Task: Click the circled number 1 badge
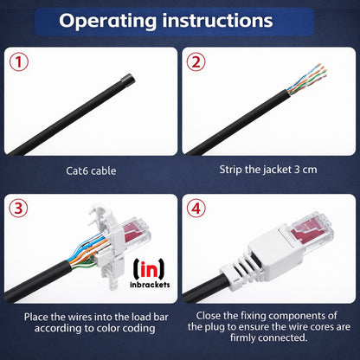pos(19,62)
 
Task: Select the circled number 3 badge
pos(20,209)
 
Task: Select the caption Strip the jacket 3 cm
pos(269,170)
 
